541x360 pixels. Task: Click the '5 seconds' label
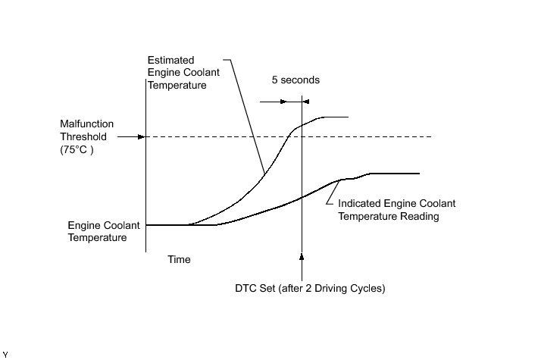pyautogui.click(x=295, y=80)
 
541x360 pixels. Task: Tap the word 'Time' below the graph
pyautogui.click(x=179, y=259)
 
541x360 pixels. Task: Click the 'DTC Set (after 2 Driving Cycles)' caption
pyautogui.click(x=311, y=289)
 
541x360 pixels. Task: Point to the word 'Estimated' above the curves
pyautogui.click(x=171, y=60)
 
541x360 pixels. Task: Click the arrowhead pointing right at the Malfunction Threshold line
pyautogui.click(x=139, y=137)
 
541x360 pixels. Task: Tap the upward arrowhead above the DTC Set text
pyautogui.click(x=302, y=257)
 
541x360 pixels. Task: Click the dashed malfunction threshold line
pyautogui.click(x=364, y=137)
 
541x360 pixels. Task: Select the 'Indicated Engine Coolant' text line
pyautogui.click(x=396, y=203)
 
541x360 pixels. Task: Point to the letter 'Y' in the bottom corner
pyautogui.click(x=5, y=354)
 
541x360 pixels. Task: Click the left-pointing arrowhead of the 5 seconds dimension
pyautogui.click(x=305, y=100)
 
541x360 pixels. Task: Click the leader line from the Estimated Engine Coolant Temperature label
pyautogui.click(x=246, y=114)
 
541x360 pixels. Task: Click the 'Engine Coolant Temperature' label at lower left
pyautogui.click(x=97, y=231)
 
